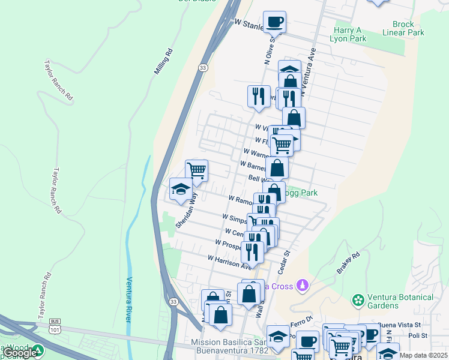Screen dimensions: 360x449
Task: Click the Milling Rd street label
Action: [x=163, y=61]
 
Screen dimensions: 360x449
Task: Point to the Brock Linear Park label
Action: [x=408, y=29]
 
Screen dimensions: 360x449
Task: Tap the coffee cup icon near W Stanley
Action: [x=274, y=22]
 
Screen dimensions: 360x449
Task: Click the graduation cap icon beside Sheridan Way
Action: [x=181, y=190]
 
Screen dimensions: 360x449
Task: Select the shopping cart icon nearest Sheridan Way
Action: [x=196, y=170]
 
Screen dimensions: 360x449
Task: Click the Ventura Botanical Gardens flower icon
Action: [x=358, y=299]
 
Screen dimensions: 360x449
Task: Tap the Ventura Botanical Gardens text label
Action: [x=400, y=301]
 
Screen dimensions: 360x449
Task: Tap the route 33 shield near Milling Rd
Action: [x=203, y=69]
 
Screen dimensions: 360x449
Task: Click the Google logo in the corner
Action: [x=20, y=353]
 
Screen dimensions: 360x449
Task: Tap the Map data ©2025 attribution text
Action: [x=423, y=355]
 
